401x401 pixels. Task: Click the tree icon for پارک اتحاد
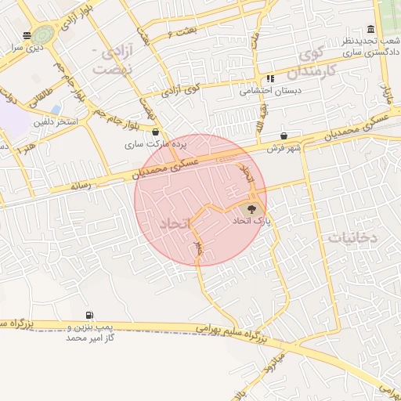(x=251, y=209)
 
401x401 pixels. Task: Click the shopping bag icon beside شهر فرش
(x=283, y=135)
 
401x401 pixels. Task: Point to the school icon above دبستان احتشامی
(x=270, y=78)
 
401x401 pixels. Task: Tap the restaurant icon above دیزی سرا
(x=27, y=35)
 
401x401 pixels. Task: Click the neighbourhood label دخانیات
(x=353, y=236)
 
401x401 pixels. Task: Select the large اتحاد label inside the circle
(x=175, y=224)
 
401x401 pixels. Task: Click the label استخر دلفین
(x=55, y=122)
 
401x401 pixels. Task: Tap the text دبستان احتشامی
(x=270, y=90)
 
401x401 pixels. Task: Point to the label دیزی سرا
(x=26, y=47)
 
